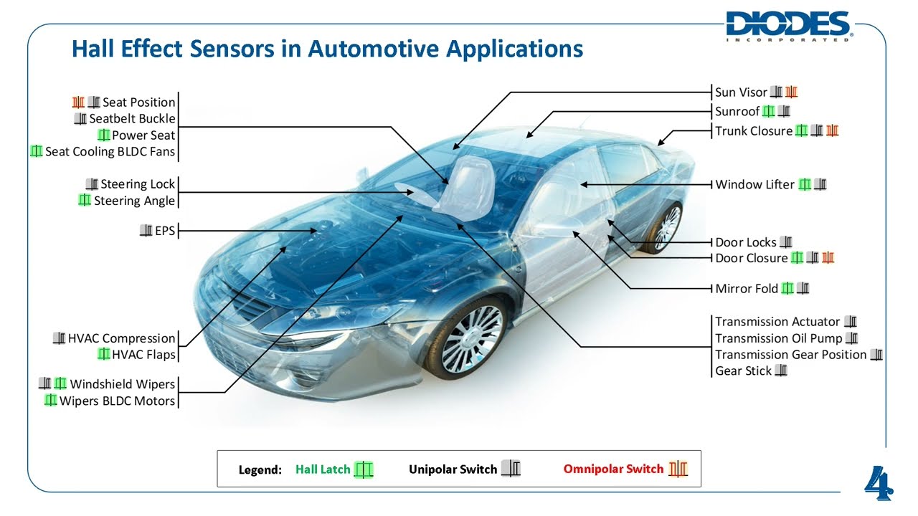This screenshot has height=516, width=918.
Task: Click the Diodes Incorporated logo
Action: click(x=788, y=26)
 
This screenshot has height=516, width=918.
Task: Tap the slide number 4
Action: click(x=879, y=484)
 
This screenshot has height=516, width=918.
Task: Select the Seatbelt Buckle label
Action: click(x=132, y=119)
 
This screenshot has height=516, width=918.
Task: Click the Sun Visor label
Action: click(x=742, y=92)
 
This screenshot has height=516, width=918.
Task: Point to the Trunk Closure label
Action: click(x=754, y=131)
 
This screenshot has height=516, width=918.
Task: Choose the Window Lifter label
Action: click(x=755, y=185)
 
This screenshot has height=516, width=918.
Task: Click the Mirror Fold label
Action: click(x=747, y=289)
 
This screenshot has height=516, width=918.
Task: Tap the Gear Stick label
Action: click(x=744, y=371)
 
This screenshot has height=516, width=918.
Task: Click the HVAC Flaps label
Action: click(x=143, y=355)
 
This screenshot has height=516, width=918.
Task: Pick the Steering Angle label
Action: click(x=135, y=201)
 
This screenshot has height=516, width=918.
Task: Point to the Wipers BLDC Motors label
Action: click(x=117, y=401)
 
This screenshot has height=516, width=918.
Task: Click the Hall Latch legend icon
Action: click(x=364, y=469)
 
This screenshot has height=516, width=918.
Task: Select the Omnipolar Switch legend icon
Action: click(x=678, y=469)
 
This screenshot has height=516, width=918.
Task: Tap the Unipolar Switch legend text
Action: click(x=453, y=469)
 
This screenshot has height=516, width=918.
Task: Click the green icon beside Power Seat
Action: click(x=103, y=135)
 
